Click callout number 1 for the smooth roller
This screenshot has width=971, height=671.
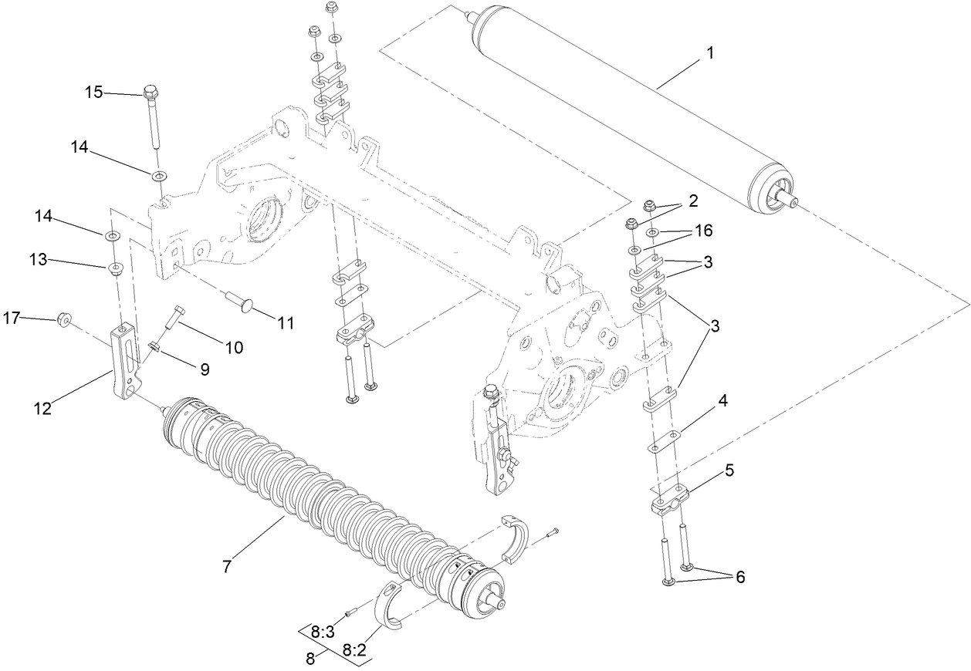[x=710, y=53]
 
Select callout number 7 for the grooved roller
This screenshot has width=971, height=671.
[x=227, y=567]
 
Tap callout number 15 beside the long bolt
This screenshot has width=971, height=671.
[x=93, y=93]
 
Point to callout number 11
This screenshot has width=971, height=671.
[x=286, y=323]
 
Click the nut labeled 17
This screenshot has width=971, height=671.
[x=66, y=318]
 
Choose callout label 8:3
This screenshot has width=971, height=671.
[x=323, y=632]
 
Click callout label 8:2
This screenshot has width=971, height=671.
[x=354, y=651]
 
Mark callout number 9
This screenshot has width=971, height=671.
[x=205, y=369]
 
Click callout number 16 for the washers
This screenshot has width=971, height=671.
[x=702, y=230]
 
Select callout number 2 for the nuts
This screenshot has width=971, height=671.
[x=693, y=201]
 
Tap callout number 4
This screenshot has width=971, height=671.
[x=722, y=402]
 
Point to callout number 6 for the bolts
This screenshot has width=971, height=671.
[x=739, y=576]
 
